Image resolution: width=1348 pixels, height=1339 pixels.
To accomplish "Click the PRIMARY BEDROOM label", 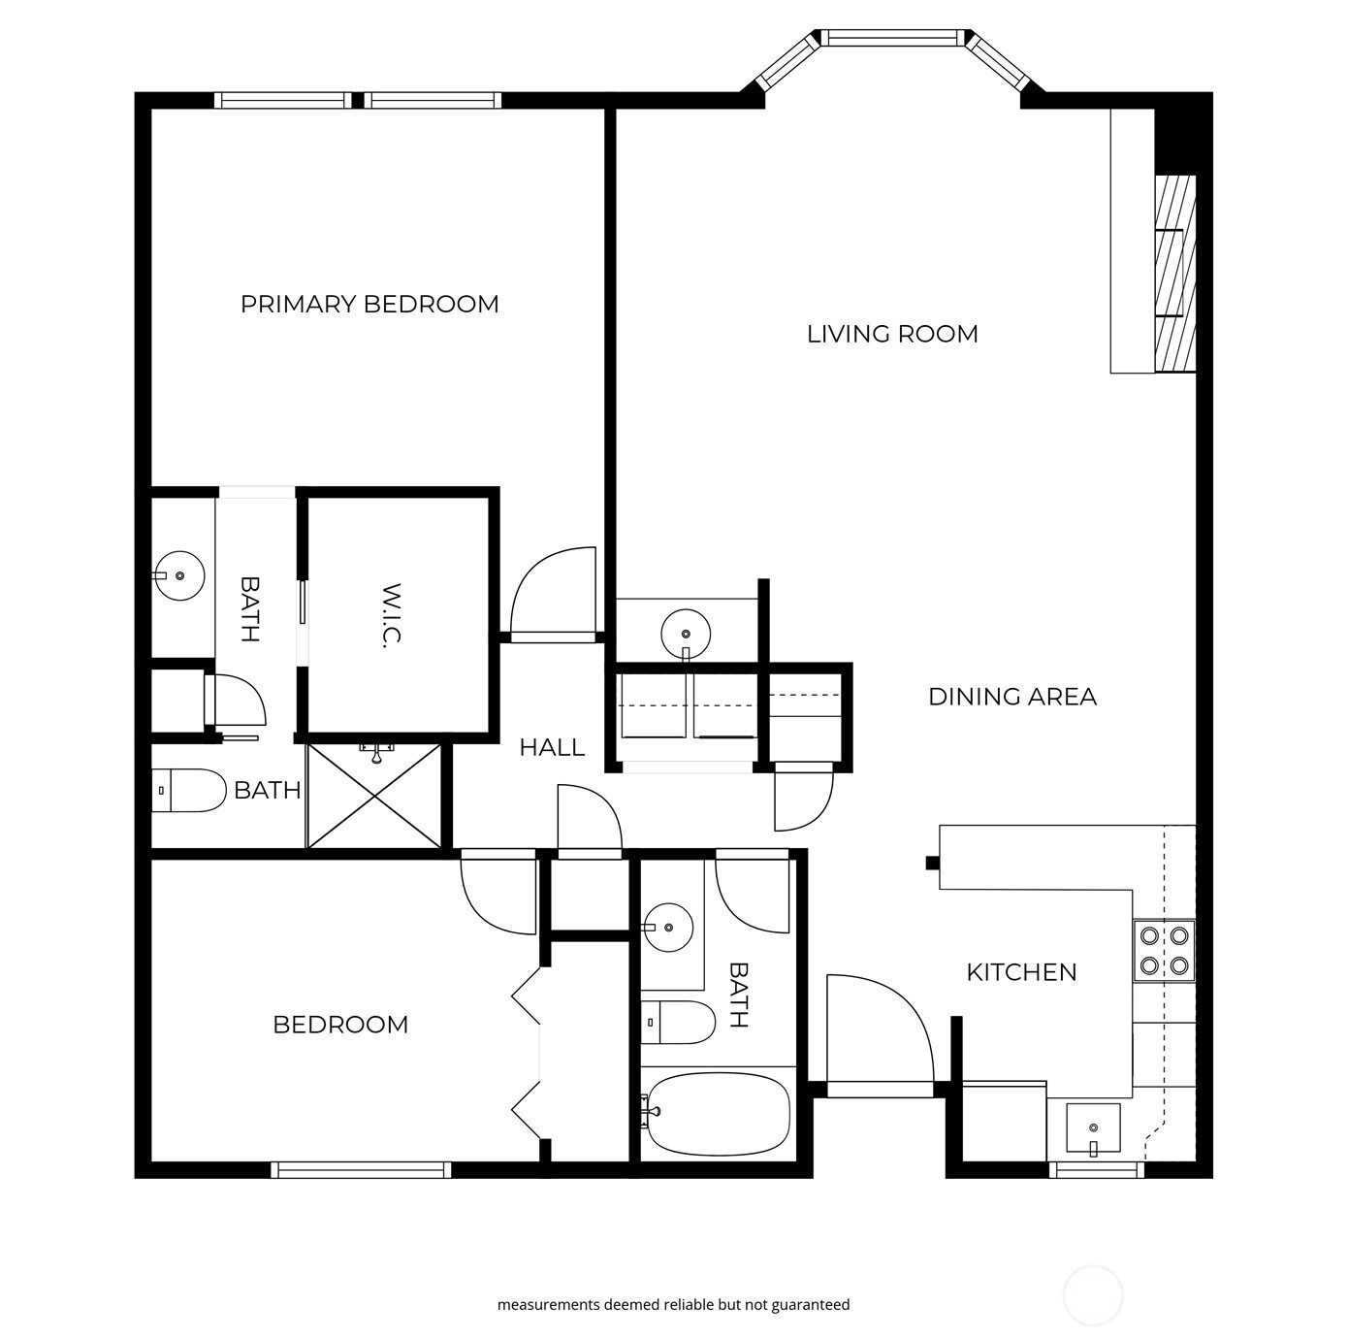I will (369, 305).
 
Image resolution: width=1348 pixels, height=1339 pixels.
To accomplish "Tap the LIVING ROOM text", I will (892, 334).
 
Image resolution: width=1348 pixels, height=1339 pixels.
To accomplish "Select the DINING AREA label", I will (1012, 697).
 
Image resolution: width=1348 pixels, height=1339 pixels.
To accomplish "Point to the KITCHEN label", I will (1021, 972).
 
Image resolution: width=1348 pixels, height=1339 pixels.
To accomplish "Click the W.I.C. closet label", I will (392, 616).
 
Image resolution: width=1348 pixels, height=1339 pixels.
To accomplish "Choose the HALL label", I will (552, 747).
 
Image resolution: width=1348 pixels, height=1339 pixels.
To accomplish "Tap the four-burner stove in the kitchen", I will (1165, 951).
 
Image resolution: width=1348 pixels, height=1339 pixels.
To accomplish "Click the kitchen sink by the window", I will (1093, 1128).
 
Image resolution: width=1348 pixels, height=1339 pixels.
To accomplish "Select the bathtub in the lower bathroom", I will (719, 1113).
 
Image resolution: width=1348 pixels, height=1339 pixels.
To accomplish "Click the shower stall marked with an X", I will (374, 796).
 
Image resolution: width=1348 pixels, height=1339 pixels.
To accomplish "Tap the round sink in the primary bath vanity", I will (179, 576).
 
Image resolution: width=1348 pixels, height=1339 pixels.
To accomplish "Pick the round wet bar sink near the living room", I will (686, 635).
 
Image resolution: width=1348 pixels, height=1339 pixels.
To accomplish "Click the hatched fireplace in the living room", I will (1175, 274).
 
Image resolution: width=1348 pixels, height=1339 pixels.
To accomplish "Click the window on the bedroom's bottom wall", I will (361, 1170).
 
